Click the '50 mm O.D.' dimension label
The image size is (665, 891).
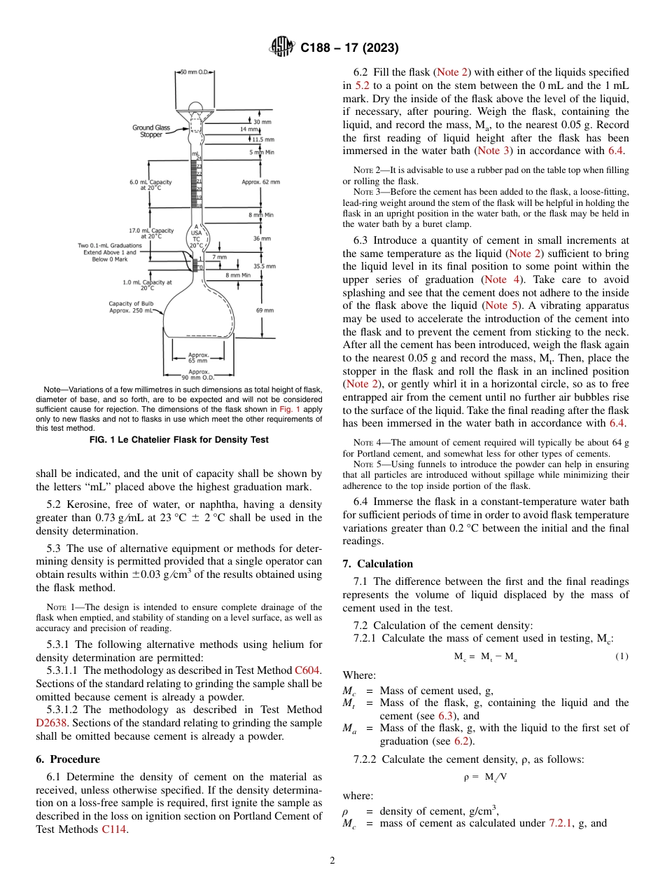[194, 71]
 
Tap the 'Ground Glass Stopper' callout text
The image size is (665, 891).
[152, 131]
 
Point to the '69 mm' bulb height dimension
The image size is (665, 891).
[265, 310]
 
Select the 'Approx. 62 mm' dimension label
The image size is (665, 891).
[260, 182]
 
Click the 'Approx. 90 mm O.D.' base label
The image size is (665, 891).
[198, 374]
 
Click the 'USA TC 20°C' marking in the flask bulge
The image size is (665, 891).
[197, 236]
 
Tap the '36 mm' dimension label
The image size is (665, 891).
[260, 238]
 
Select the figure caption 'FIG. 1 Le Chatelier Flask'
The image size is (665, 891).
[179, 440]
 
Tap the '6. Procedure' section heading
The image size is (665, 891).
[68, 759]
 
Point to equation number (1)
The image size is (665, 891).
[622, 656]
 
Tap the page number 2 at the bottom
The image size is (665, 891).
[332, 861]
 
